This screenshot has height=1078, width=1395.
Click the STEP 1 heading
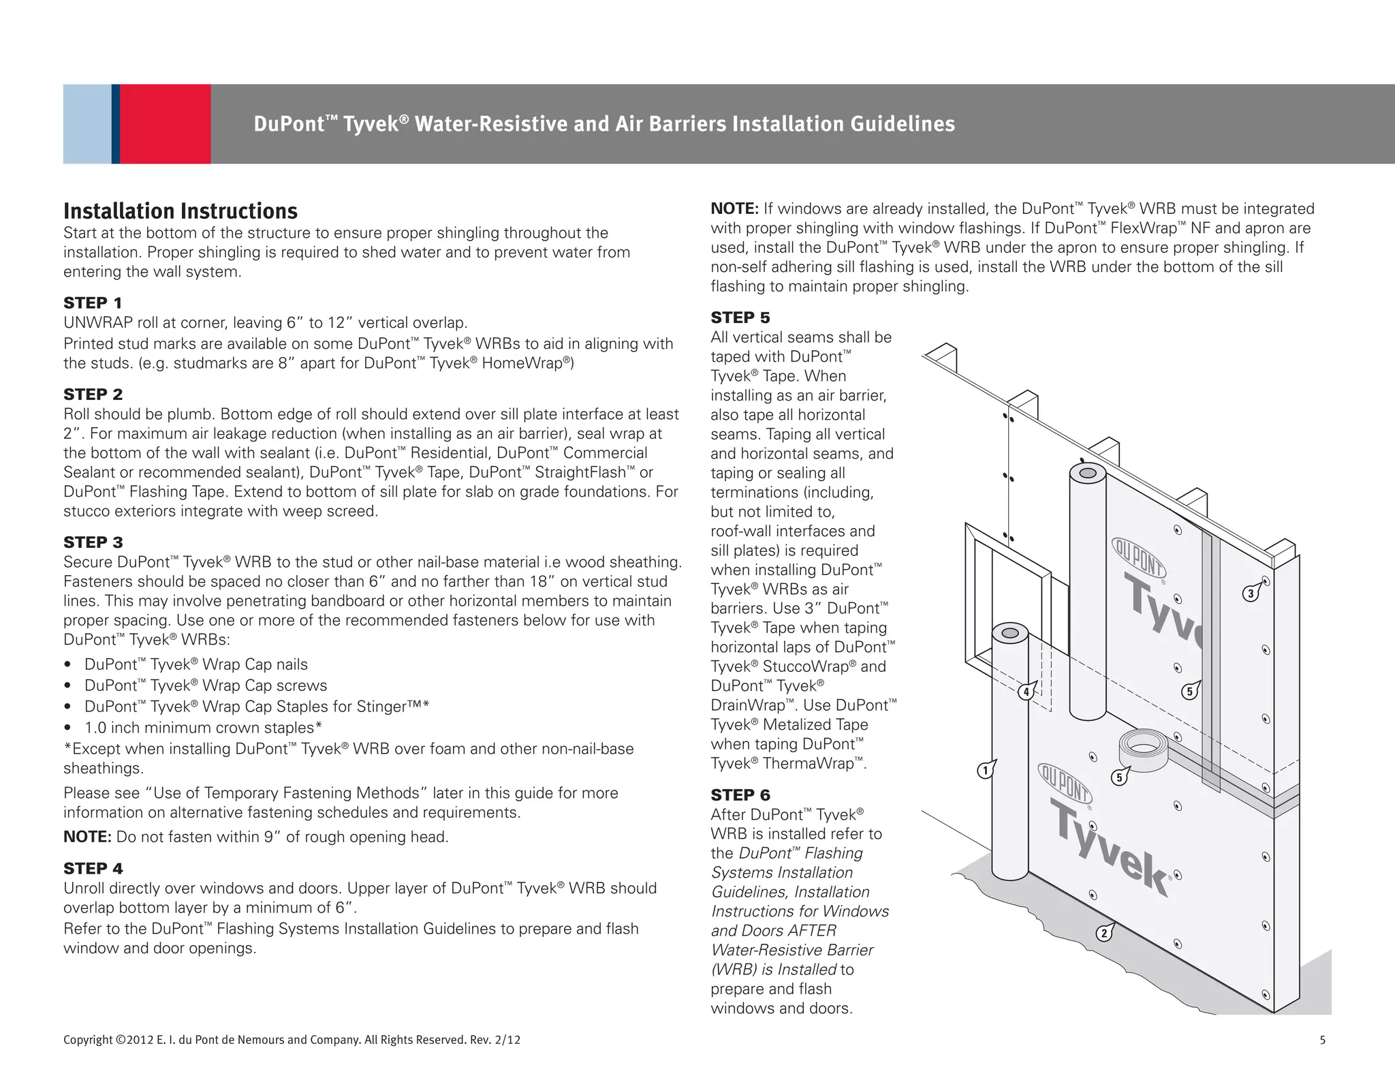93,303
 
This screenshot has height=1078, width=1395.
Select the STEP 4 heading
93,869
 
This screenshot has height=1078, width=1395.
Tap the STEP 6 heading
740,795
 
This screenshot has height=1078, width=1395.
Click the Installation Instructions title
181,211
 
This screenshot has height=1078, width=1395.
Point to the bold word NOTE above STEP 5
734,209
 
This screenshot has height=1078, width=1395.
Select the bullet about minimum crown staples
203,728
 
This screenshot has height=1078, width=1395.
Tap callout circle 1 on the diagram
984,771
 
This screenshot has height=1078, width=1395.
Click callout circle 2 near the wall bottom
1103,933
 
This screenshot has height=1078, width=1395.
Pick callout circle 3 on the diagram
1250,594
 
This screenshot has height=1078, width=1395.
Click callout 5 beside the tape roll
1118,777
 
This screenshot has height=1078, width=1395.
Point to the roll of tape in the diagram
1143,750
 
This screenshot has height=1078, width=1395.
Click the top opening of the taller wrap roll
1087,473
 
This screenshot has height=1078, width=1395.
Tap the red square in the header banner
165,124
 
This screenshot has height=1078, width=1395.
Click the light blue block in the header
87,124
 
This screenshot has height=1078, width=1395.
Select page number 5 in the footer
1322,1040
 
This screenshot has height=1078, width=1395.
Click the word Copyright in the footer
88,1040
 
